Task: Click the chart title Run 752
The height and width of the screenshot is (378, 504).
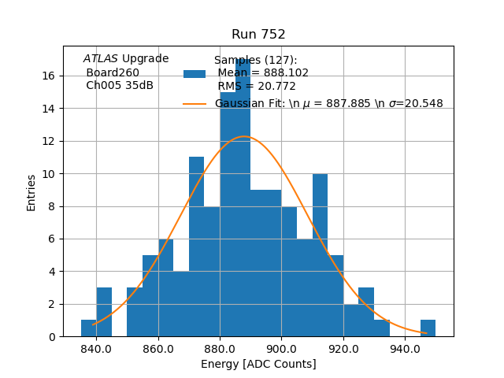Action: click(258, 35)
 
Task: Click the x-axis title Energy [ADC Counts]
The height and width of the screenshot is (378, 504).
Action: click(258, 364)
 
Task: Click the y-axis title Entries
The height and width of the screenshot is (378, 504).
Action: click(31, 192)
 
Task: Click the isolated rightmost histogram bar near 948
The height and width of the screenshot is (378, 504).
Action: click(428, 328)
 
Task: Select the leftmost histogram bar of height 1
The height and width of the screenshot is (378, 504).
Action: click(88, 328)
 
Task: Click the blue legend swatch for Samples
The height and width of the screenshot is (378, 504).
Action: click(195, 73)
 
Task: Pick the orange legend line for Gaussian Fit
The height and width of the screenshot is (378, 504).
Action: click(195, 104)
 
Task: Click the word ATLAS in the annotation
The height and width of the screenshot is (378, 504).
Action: click(101, 58)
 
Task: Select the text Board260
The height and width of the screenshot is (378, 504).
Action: click(113, 72)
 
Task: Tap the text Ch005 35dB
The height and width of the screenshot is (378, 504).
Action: click(120, 86)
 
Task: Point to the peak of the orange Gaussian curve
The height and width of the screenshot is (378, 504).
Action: click(244, 137)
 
